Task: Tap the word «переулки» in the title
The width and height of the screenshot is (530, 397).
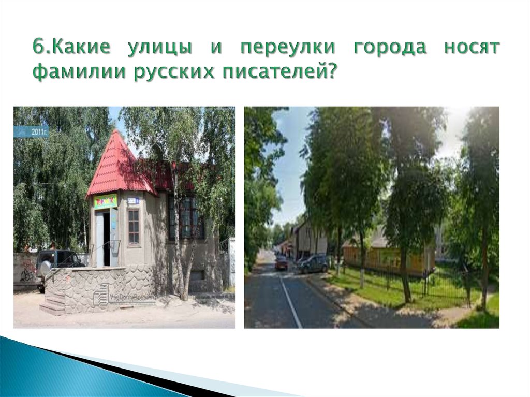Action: click(x=288, y=48)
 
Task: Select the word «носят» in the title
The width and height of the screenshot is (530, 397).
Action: click(x=472, y=48)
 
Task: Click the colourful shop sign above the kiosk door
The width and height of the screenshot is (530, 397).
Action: click(x=105, y=201)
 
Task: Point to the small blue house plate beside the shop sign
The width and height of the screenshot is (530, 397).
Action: click(x=133, y=200)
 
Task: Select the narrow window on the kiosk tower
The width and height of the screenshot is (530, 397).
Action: click(x=134, y=227)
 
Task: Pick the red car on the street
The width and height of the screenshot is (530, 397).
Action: click(x=281, y=263)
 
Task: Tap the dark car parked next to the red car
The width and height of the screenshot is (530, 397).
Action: click(x=314, y=263)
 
